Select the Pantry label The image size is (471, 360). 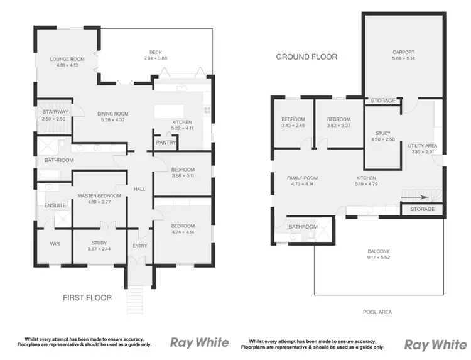click(166, 143)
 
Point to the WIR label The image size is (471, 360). click(54, 243)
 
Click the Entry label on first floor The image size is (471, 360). click(139, 246)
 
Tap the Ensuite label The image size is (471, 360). click(55, 205)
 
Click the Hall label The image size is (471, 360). click(139, 188)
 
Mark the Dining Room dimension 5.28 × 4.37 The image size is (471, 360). click(112, 120)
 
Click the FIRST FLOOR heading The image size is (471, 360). click(87, 297)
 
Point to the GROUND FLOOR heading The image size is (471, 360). click(306, 57)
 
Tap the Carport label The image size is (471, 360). click(403, 53)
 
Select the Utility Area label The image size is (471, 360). click(423, 145)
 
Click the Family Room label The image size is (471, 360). click(300, 178)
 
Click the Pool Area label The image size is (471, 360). click(377, 312)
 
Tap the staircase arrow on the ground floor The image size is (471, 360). click(420, 195)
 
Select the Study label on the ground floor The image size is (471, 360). click(383, 133)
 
